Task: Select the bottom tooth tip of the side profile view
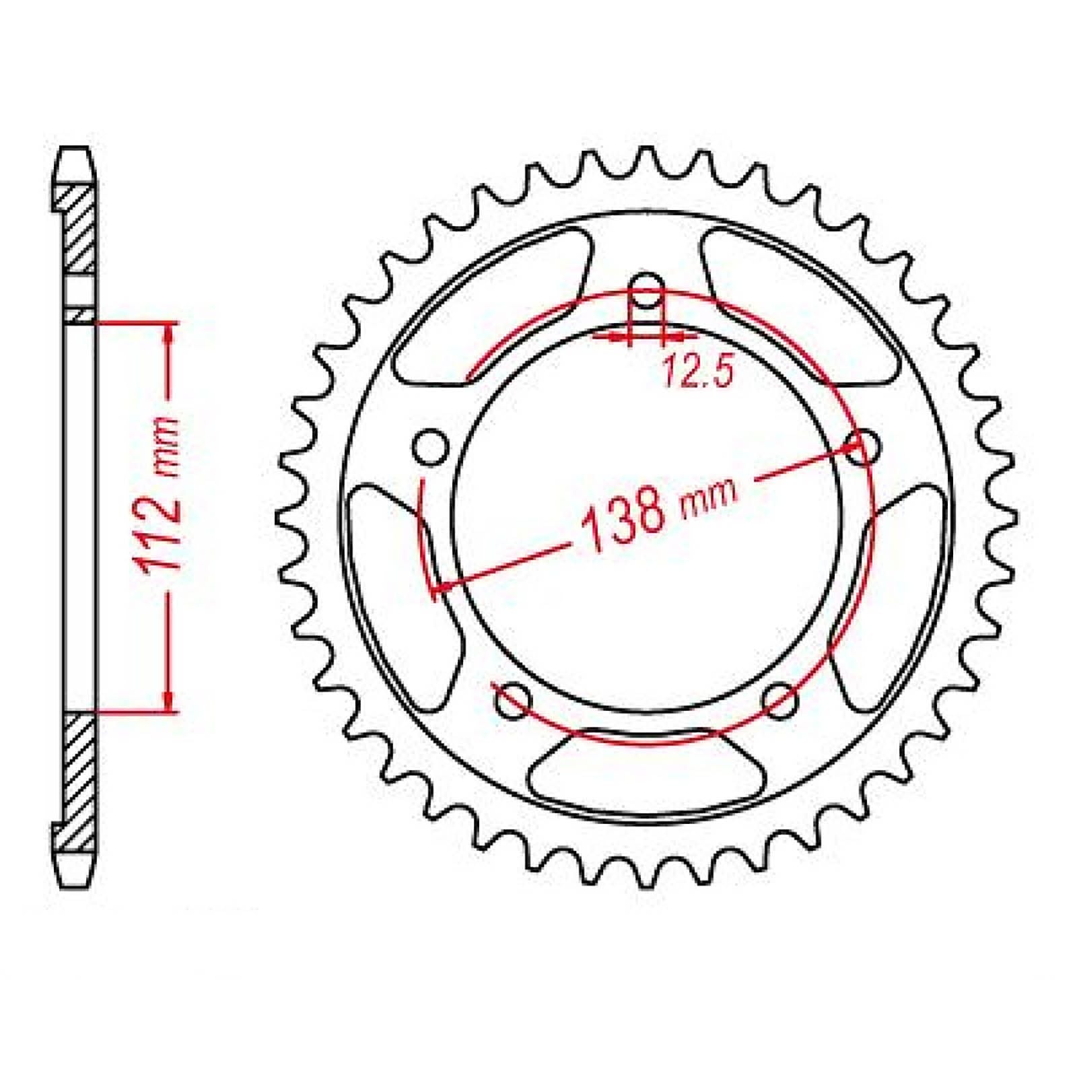pos(74,879)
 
